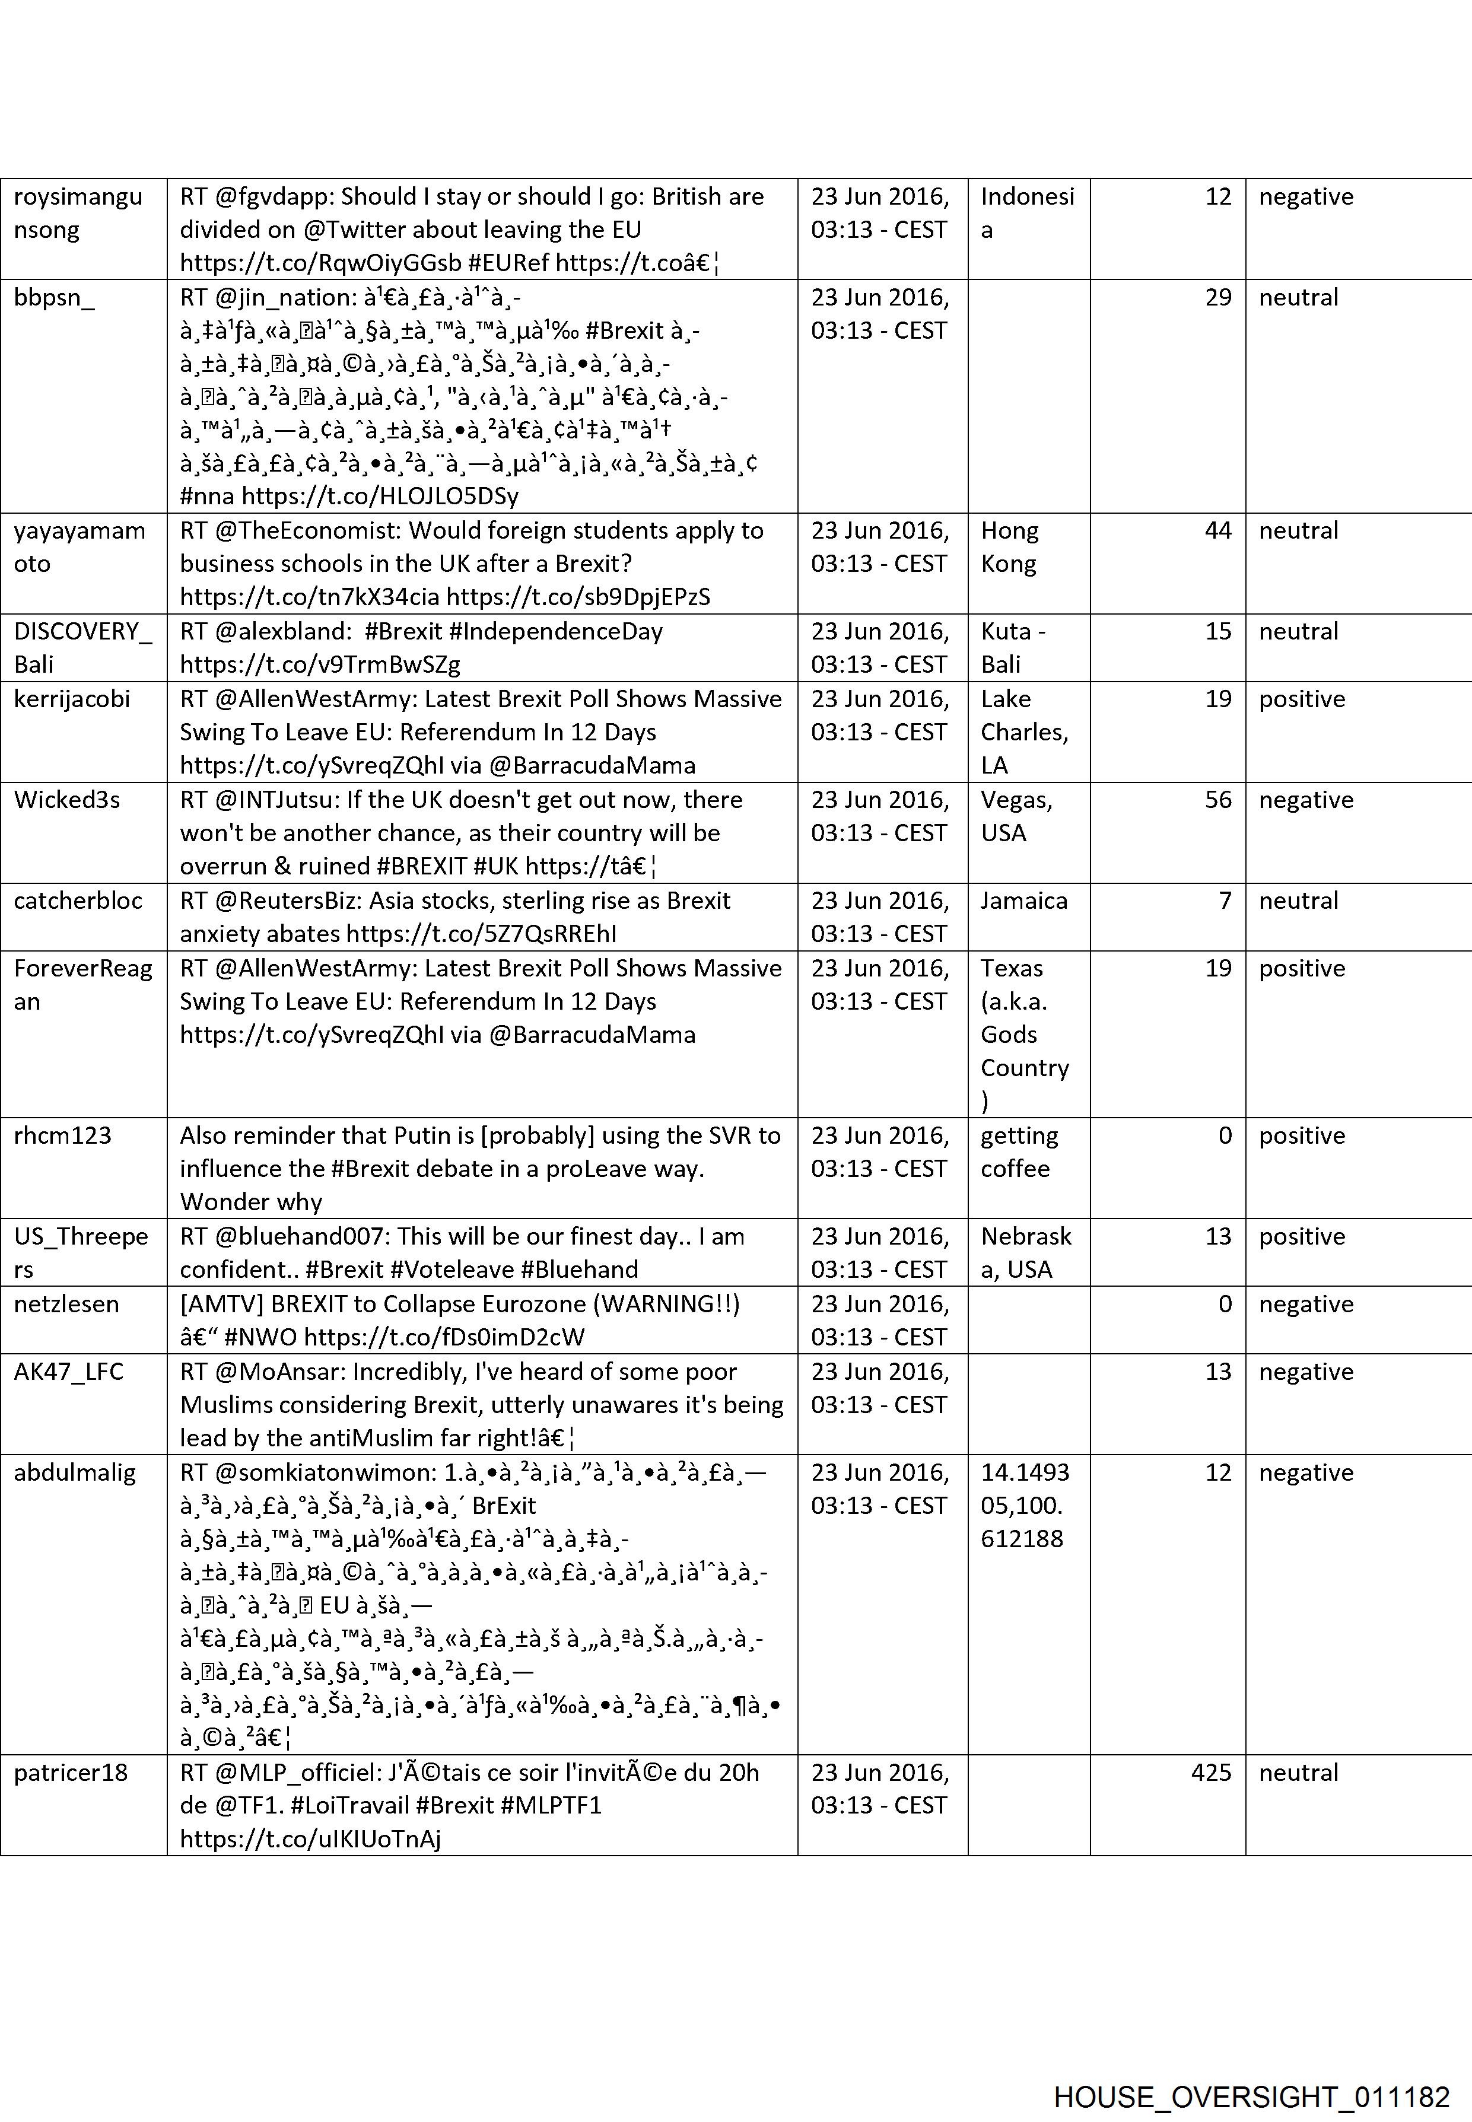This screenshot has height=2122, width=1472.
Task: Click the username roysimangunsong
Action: tap(78, 213)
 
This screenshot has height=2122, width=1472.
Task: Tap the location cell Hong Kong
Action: tap(1009, 547)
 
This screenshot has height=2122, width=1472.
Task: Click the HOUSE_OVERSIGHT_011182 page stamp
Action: tap(1251, 2072)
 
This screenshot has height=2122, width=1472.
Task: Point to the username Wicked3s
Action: tap(66, 800)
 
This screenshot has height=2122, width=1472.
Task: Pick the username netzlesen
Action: tap(66, 1304)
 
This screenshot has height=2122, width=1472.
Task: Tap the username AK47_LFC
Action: tap(68, 1372)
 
